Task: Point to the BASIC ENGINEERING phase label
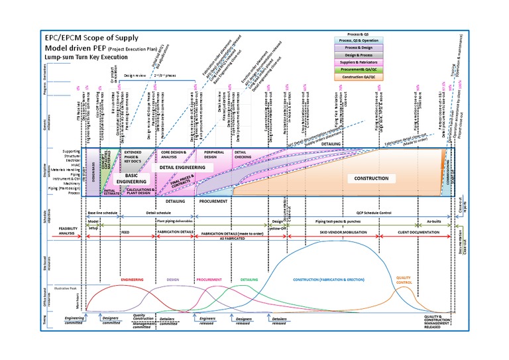pyautogui.click(x=131, y=177)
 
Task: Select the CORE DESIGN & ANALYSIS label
pyautogui.click(x=174, y=154)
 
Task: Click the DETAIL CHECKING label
pyautogui.click(x=243, y=154)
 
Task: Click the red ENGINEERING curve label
pyautogui.click(x=133, y=280)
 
